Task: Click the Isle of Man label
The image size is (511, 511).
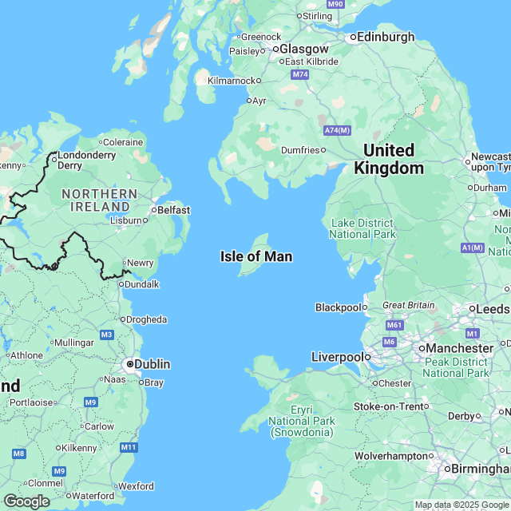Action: point(255,256)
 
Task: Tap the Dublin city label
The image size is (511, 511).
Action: point(152,364)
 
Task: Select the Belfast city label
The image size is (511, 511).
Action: point(173,210)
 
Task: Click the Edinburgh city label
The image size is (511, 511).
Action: point(386,37)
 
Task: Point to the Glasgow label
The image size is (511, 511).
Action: point(303,49)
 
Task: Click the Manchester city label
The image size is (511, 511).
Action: point(459,348)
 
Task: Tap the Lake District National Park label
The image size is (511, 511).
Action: point(362,228)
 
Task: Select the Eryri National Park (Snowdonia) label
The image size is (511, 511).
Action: point(301,421)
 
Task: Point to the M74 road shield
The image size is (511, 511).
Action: point(300,74)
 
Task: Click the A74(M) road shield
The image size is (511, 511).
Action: point(337,130)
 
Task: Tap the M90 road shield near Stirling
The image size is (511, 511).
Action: point(335,4)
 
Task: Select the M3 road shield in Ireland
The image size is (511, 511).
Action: point(107,334)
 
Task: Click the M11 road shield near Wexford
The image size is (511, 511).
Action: point(129,447)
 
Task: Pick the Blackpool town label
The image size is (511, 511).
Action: point(338,307)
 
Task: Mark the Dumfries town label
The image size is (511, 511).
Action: point(300,149)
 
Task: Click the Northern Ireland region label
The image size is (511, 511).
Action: point(99,200)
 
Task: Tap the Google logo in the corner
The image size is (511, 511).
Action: point(26,501)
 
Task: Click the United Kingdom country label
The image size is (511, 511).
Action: point(389,159)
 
